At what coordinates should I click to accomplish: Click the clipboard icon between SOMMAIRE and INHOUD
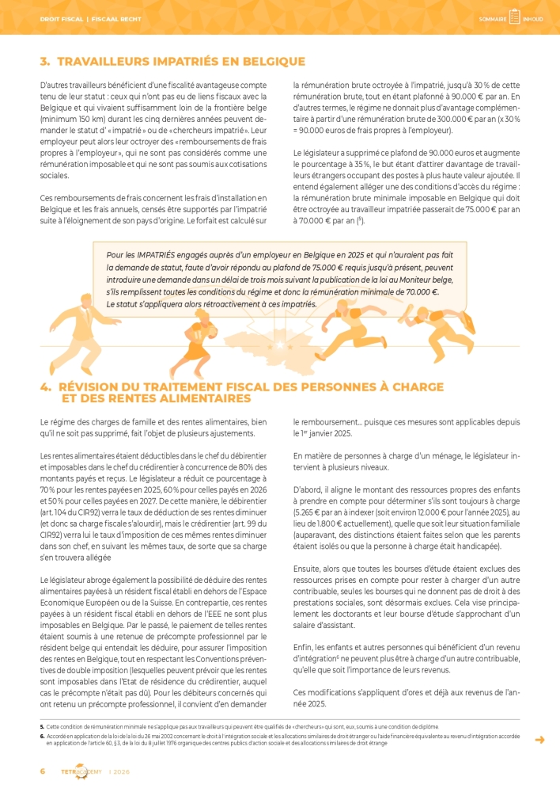point(514,17)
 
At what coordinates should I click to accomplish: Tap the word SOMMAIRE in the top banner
point(493,19)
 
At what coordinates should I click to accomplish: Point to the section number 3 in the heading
point(44,61)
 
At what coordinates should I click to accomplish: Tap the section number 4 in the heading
point(45,387)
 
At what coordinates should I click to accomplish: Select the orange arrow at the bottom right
point(539,740)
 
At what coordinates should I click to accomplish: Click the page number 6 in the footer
point(43,771)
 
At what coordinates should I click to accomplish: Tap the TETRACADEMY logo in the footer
point(81,771)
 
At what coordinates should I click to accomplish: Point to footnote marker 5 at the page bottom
point(42,726)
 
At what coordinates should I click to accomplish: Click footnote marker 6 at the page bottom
point(42,736)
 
